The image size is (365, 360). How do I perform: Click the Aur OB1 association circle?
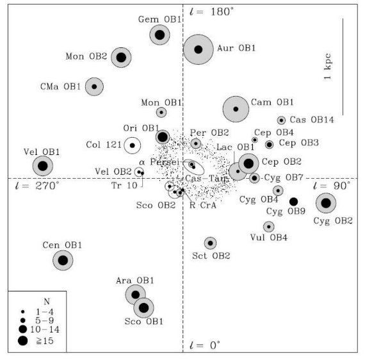pyautogui.click(x=199, y=49)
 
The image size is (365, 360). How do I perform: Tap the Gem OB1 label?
pyautogui.click(x=159, y=19)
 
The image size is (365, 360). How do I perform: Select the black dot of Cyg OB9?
pyautogui.click(x=293, y=201)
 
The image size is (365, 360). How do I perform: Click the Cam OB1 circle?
pyautogui.click(x=236, y=109)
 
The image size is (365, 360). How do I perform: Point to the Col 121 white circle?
pyautogui.click(x=132, y=145)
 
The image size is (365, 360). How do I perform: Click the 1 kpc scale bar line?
pyautogui.click(x=343, y=67)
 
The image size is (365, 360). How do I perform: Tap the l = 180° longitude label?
pyautogui.click(x=211, y=12)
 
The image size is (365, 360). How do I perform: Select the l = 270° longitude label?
pyautogui.click(x=37, y=186)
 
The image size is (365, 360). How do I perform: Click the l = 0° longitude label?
pyautogui.click(x=205, y=345)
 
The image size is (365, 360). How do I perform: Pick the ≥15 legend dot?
pyautogui.click(x=23, y=341)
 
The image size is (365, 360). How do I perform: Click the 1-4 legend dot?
pyautogui.click(x=23, y=311)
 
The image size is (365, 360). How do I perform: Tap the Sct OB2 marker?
pyautogui.click(x=210, y=243)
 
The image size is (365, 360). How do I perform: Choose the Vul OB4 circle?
pyautogui.click(x=269, y=227)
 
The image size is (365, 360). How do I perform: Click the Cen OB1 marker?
pyautogui.click(x=63, y=260)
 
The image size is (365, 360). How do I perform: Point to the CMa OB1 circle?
pyautogui.click(x=94, y=86)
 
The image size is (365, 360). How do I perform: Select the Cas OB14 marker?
pyautogui.click(x=281, y=120)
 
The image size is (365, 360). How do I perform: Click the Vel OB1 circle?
pyautogui.click(x=43, y=166)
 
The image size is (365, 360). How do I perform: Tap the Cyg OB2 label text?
pyautogui.click(x=333, y=221)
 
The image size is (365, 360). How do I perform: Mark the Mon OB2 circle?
pyautogui.click(x=121, y=58)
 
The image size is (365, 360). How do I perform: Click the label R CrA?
pyautogui.click(x=203, y=206)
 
